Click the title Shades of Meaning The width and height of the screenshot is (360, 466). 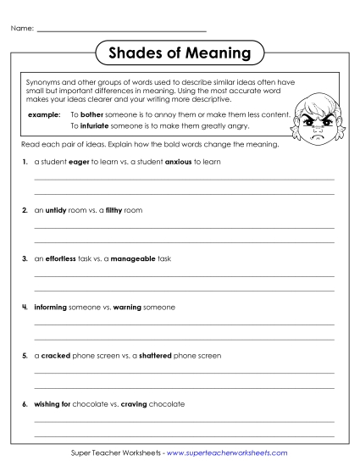pos(180,53)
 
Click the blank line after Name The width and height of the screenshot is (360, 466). pos(122,31)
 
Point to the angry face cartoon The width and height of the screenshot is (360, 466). pos(317,119)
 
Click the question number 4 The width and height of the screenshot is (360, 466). pos(25,307)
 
